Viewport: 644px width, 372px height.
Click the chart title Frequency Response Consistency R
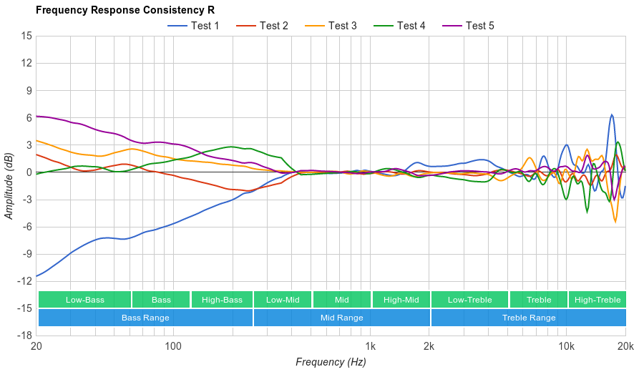125,10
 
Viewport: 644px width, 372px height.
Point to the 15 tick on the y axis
26,36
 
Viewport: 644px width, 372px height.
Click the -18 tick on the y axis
24,336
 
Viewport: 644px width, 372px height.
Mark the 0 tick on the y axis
29,172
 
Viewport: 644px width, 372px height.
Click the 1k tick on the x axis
370,346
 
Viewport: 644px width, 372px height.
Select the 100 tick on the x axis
173,346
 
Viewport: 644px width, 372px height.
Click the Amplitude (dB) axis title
9,185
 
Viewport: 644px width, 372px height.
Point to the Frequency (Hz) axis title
331,362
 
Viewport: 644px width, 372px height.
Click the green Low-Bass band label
84,300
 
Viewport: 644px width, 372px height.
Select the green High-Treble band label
597,300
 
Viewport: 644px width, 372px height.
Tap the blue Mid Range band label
341,318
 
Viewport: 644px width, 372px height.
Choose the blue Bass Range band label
145,318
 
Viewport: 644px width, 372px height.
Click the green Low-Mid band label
283,300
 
